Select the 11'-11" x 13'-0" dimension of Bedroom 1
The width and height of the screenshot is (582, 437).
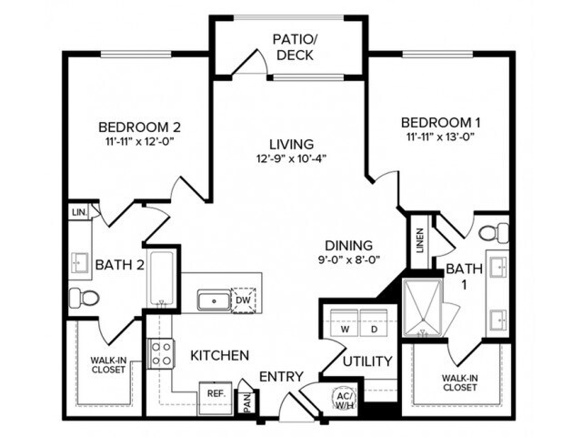[440, 137]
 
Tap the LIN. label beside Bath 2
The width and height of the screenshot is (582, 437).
[77, 213]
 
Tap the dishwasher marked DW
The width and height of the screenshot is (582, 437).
[243, 299]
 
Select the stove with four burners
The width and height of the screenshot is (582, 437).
[162, 353]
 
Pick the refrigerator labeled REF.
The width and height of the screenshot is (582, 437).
[216, 393]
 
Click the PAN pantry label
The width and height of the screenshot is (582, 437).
[246, 401]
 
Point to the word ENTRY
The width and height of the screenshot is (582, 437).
[282, 377]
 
